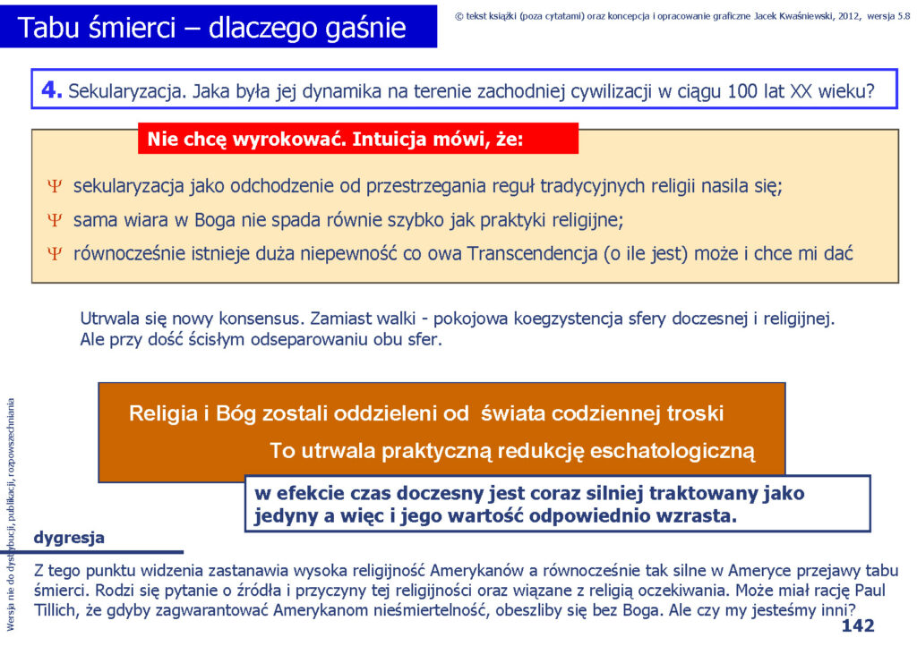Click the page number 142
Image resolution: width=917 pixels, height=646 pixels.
[x=857, y=625]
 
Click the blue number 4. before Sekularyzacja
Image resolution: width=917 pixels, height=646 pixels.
[x=51, y=89]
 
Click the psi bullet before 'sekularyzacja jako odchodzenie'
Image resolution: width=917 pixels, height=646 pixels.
[x=55, y=186]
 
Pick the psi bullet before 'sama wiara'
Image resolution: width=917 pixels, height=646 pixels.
[x=55, y=220]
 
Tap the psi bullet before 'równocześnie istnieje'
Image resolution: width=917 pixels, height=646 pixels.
[x=55, y=253]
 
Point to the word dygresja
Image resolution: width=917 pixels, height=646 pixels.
[x=69, y=538]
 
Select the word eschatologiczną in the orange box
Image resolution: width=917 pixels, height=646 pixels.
[x=673, y=452]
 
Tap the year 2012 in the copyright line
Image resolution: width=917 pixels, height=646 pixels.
[x=849, y=16]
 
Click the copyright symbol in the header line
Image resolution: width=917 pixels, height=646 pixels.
[x=459, y=16]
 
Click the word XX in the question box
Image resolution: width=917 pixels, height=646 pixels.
[x=801, y=91]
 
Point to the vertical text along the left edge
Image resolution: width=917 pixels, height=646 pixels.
[x=11, y=514]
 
